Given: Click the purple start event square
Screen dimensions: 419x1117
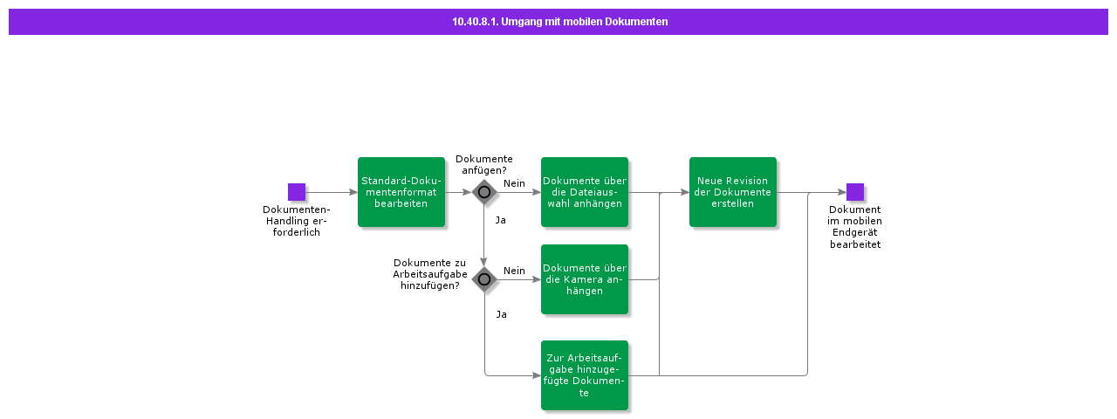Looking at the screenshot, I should [x=297, y=192].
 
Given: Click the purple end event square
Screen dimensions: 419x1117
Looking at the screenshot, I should [x=854, y=192].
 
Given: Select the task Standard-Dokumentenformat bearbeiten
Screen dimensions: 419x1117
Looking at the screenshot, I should [x=401, y=192].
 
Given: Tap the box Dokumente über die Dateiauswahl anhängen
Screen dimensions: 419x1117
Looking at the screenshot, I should [x=585, y=192].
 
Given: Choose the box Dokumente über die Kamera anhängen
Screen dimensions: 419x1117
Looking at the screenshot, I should [x=585, y=279].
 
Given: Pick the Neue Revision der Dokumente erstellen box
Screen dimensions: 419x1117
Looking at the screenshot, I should [x=733, y=192].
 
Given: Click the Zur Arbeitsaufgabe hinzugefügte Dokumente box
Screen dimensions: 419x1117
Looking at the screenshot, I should [x=585, y=375].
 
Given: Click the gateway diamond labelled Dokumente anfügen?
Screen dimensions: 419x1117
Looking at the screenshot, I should [x=484, y=192].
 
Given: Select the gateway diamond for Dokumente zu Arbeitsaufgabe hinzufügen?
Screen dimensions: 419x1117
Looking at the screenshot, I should [x=484, y=279].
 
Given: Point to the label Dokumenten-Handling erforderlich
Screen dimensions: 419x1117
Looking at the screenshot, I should [x=297, y=221].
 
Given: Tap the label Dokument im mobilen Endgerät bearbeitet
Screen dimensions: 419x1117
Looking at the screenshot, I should [x=854, y=227].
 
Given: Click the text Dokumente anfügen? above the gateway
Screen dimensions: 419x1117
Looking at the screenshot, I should [x=483, y=165].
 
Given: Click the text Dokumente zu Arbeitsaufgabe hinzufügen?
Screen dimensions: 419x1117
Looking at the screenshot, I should [x=429, y=274].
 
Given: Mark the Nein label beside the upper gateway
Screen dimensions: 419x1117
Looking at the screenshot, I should [x=514, y=183].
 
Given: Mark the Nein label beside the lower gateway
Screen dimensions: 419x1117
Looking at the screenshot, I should [x=514, y=271].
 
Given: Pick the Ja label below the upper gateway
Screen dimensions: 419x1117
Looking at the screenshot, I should [x=500, y=220].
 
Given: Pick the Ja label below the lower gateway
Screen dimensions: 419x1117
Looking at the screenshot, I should [x=501, y=314].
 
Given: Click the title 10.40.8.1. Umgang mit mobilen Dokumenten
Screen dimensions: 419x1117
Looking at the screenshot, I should [x=559, y=22].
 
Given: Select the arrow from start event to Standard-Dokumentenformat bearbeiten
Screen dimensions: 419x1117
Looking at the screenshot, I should [x=332, y=192].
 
